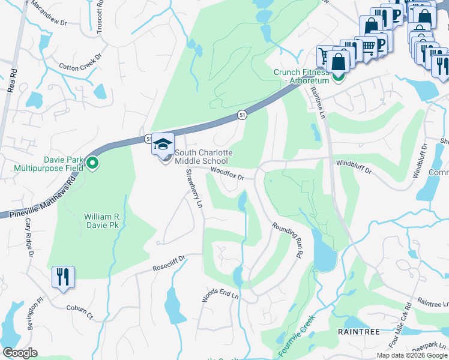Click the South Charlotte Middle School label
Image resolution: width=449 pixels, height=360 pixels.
point(203,157)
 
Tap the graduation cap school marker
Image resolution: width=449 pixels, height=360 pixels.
point(163,145)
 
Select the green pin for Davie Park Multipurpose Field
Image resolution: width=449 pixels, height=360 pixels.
point(92,163)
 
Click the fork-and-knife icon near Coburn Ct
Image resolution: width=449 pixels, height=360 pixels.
point(63,277)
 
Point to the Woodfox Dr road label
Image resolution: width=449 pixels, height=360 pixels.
point(228,174)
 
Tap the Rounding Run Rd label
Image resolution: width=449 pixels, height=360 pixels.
point(286,239)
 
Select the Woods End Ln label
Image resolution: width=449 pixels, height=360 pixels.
point(220,295)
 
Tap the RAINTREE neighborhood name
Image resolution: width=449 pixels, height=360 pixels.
point(358,331)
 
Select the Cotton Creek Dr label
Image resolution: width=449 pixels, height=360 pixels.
point(80,62)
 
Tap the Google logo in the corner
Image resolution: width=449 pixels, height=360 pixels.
point(20,353)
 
